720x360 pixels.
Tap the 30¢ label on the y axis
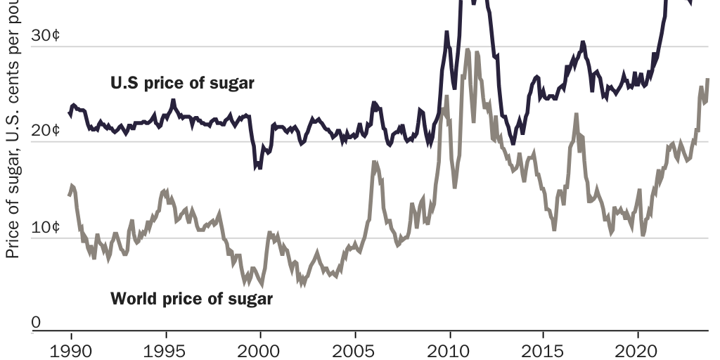point(46,36)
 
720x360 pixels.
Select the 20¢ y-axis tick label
point(46,131)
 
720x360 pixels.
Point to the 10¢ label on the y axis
point(46,227)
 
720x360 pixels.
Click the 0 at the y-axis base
point(37,322)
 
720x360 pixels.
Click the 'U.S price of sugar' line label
point(182,84)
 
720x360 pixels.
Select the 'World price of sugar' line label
point(191,298)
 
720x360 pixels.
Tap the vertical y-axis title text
point(12,141)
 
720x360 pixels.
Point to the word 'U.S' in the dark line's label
point(124,84)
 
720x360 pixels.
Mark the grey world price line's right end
point(707,79)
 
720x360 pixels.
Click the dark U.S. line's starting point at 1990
point(69,112)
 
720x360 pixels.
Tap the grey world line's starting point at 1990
point(69,195)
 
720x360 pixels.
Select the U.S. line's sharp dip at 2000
point(258,167)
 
